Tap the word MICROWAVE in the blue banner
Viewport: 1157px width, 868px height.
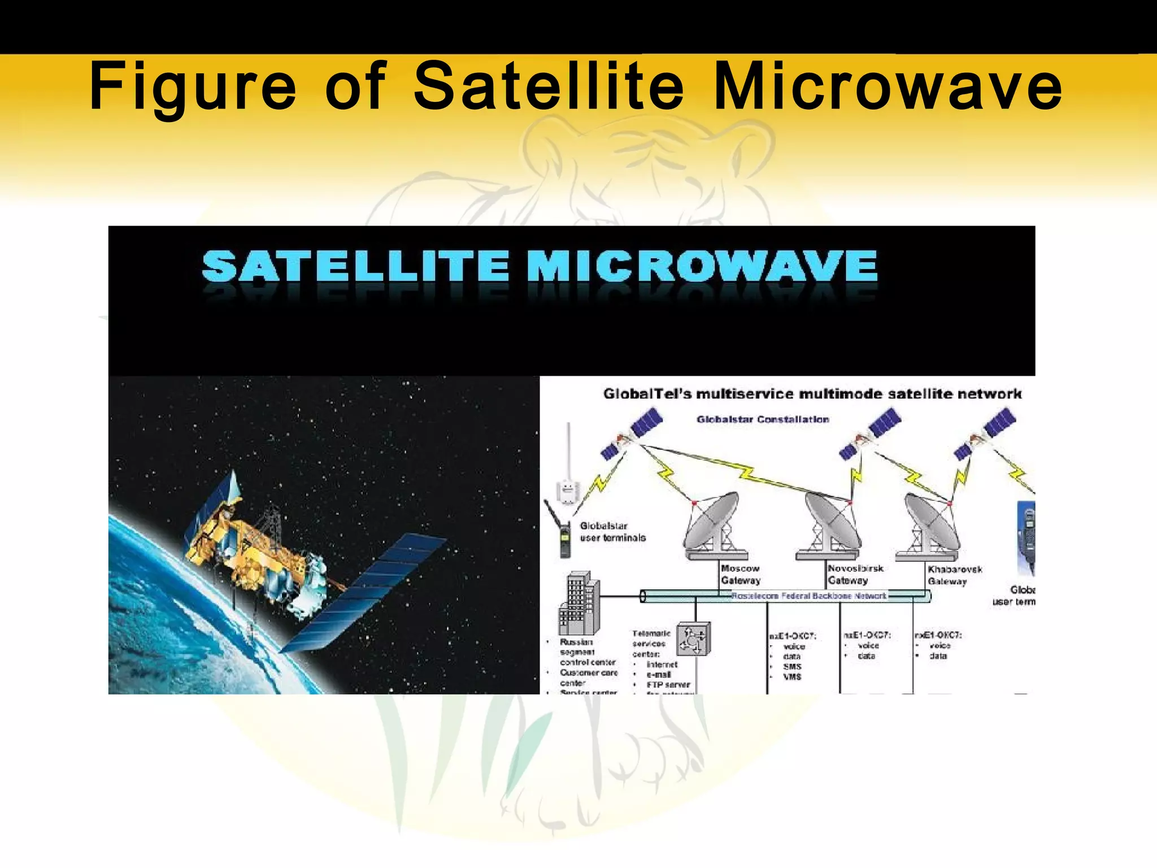pos(702,267)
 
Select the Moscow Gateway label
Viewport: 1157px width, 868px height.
pos(741,575)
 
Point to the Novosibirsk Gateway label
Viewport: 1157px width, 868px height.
pos(855,575)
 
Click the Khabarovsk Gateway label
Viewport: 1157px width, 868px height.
pos(954,575)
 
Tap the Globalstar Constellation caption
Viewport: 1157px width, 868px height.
pos(763,419)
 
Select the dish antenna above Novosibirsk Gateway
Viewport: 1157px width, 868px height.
pos(828,523)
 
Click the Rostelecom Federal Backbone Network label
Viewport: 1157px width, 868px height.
pos(808,596)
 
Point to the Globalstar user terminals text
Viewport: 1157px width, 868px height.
pos(612,532)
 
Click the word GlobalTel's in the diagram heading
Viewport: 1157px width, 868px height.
pos(647,394)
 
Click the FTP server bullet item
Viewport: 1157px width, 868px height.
pos(668,685)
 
